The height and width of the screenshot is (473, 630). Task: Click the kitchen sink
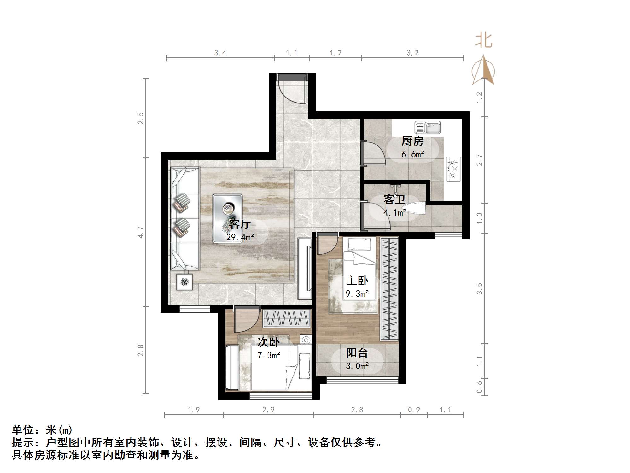tap(428, 128)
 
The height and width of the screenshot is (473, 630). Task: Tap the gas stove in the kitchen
tap(453, 169)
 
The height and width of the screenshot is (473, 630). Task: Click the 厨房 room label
tap(412, 141)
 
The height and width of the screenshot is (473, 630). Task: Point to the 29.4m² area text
tap(240, 237)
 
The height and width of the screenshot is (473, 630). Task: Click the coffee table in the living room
tap(227, 218)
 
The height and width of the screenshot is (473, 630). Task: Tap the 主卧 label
tap(357, 281)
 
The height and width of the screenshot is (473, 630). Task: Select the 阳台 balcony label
tap(357, 353)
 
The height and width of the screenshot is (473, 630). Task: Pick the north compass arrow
tap(483, 70)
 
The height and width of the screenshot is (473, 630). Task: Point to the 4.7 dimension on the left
tap(141, 232)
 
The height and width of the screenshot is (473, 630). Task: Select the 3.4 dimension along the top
tap(220, 53)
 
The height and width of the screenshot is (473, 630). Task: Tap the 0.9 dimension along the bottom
tap(414, 410)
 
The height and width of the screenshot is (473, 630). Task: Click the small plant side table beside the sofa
tap(184, 281)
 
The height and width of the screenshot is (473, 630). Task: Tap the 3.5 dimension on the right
tap(479, 289)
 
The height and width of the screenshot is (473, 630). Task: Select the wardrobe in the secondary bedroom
tap(287, 318)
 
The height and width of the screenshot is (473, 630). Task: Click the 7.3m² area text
tap(269, 355)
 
